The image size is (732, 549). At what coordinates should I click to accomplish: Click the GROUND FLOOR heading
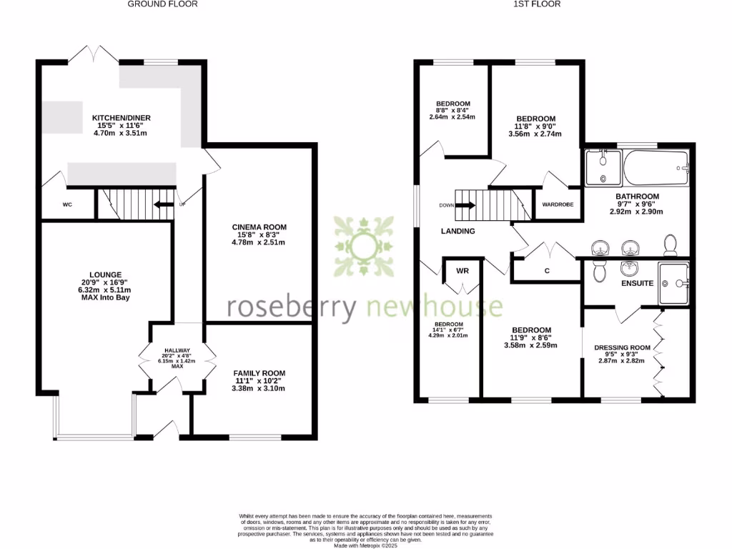pos(162,4)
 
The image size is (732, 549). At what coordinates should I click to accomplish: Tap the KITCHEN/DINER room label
pos(121,118)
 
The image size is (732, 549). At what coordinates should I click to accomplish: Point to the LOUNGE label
pos(105,274)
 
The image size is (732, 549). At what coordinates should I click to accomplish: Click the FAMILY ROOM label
pos(259,373)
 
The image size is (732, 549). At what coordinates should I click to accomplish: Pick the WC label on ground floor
pos(67,204)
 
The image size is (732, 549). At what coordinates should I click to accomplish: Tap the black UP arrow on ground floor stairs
pos(164,204)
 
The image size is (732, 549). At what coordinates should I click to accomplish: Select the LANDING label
pos(457,231)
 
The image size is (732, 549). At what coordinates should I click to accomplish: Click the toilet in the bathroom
pos(671,246)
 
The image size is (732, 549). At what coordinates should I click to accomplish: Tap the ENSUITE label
pos(637,283)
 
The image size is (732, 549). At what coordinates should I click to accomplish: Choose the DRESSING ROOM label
pos(623,348)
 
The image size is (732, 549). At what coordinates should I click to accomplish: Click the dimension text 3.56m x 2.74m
pos(535,134)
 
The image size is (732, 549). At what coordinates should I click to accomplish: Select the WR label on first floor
pos(463,271)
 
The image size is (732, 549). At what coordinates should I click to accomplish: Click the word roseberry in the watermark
pos(292,307)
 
